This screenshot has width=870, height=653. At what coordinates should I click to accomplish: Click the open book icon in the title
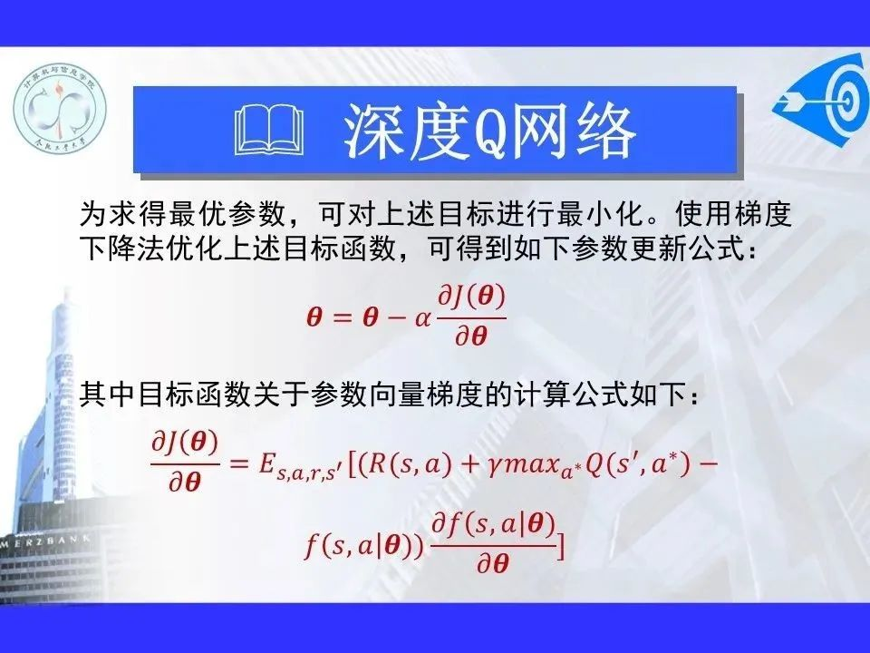point(269,132)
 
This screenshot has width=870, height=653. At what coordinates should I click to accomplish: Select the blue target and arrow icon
point(822,100)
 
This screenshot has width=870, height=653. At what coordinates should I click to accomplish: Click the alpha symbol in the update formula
point(423,318)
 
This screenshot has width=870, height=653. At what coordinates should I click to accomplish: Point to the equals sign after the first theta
point(343,318)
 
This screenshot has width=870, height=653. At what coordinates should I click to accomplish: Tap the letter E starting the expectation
point(267,463)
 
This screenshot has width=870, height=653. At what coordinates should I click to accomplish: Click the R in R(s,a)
point(377,463)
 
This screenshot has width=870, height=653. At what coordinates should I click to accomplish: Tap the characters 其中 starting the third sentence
point(108,395)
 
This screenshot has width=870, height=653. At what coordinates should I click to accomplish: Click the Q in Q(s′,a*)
point(594,464)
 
